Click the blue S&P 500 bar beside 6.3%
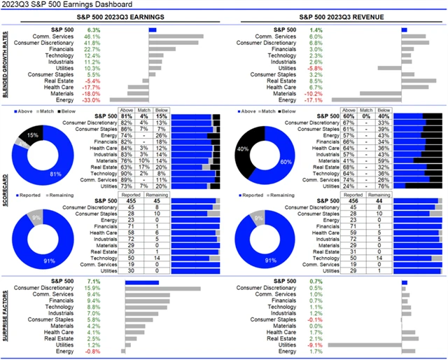153,30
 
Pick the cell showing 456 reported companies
353,200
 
